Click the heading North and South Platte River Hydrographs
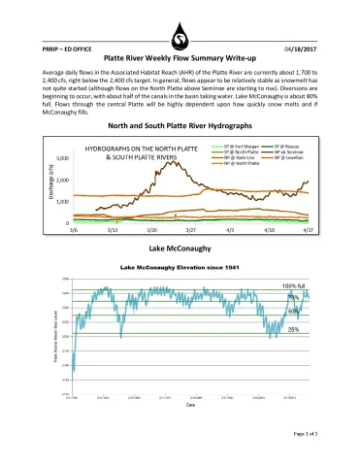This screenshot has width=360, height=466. click(180, 127)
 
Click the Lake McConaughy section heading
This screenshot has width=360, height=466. click(180, 250)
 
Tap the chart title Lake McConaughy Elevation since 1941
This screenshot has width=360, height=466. click(180, 266)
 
